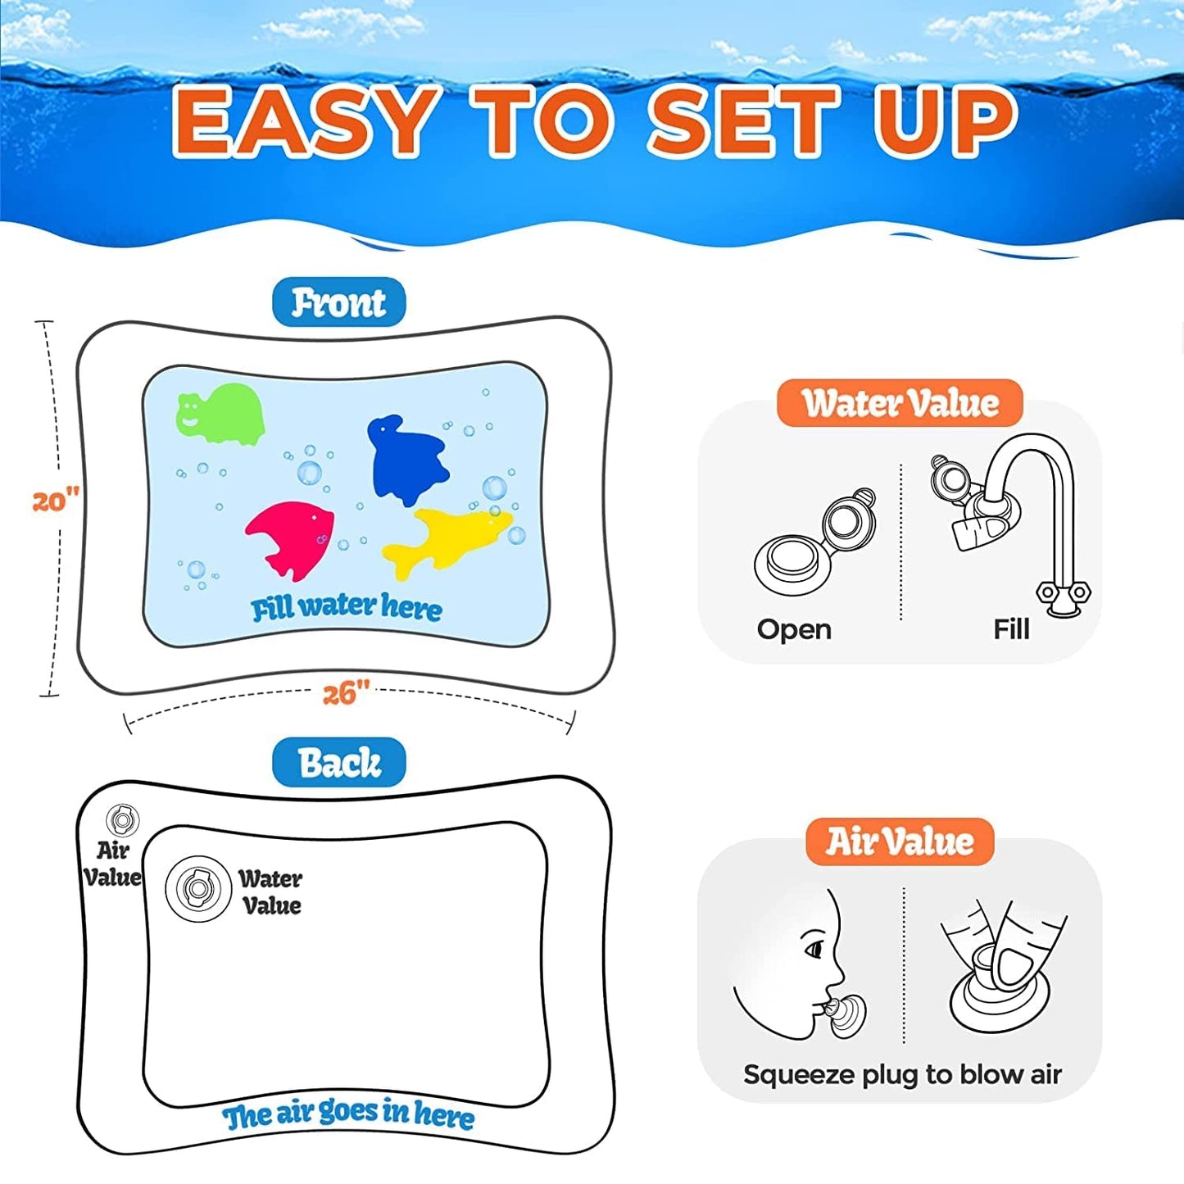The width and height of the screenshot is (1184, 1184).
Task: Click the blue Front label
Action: pos(338,302)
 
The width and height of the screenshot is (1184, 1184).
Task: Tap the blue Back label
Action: pos(338,763)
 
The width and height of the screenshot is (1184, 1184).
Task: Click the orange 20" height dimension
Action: pos(56,500)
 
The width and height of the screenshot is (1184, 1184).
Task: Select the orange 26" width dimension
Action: pos(347,693)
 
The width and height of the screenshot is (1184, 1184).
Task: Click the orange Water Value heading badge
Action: pos(900,403)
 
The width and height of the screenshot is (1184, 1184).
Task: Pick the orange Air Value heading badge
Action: pos(900,842)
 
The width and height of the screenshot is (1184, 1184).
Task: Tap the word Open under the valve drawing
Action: pos(794,630)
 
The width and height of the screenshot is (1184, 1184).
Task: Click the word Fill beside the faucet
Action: pos(1011,629)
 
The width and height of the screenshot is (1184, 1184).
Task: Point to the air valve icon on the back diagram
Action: pos(122,819)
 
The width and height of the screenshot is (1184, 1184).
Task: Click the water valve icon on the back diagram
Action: pos(197,888)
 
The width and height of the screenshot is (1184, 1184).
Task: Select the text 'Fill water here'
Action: pos(347,607)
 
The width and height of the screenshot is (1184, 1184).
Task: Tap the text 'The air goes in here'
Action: pos(348,1116)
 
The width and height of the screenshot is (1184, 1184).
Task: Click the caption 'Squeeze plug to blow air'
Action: pos(903,1075)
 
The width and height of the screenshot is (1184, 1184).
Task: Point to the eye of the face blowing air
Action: pos(814,950)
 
